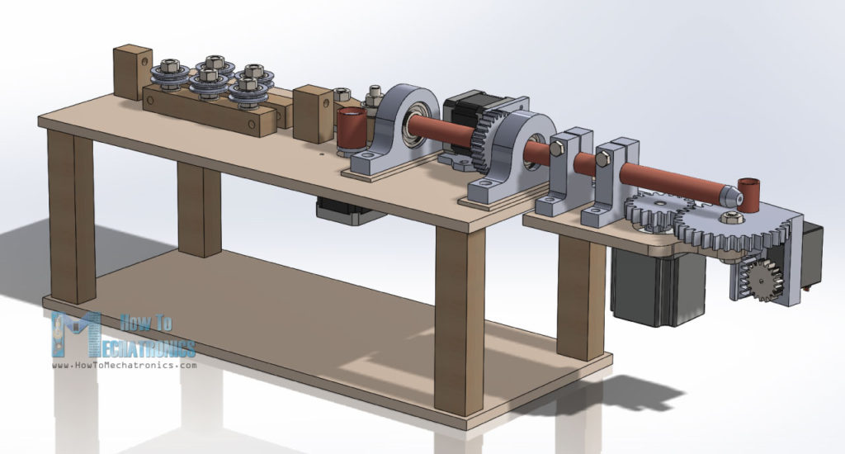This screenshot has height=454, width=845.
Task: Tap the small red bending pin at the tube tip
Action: [x=749, y=192]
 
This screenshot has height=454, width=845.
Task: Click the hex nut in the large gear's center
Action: [x=729, y=218]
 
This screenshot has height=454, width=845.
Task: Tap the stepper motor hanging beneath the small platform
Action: [x=649, y=285]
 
